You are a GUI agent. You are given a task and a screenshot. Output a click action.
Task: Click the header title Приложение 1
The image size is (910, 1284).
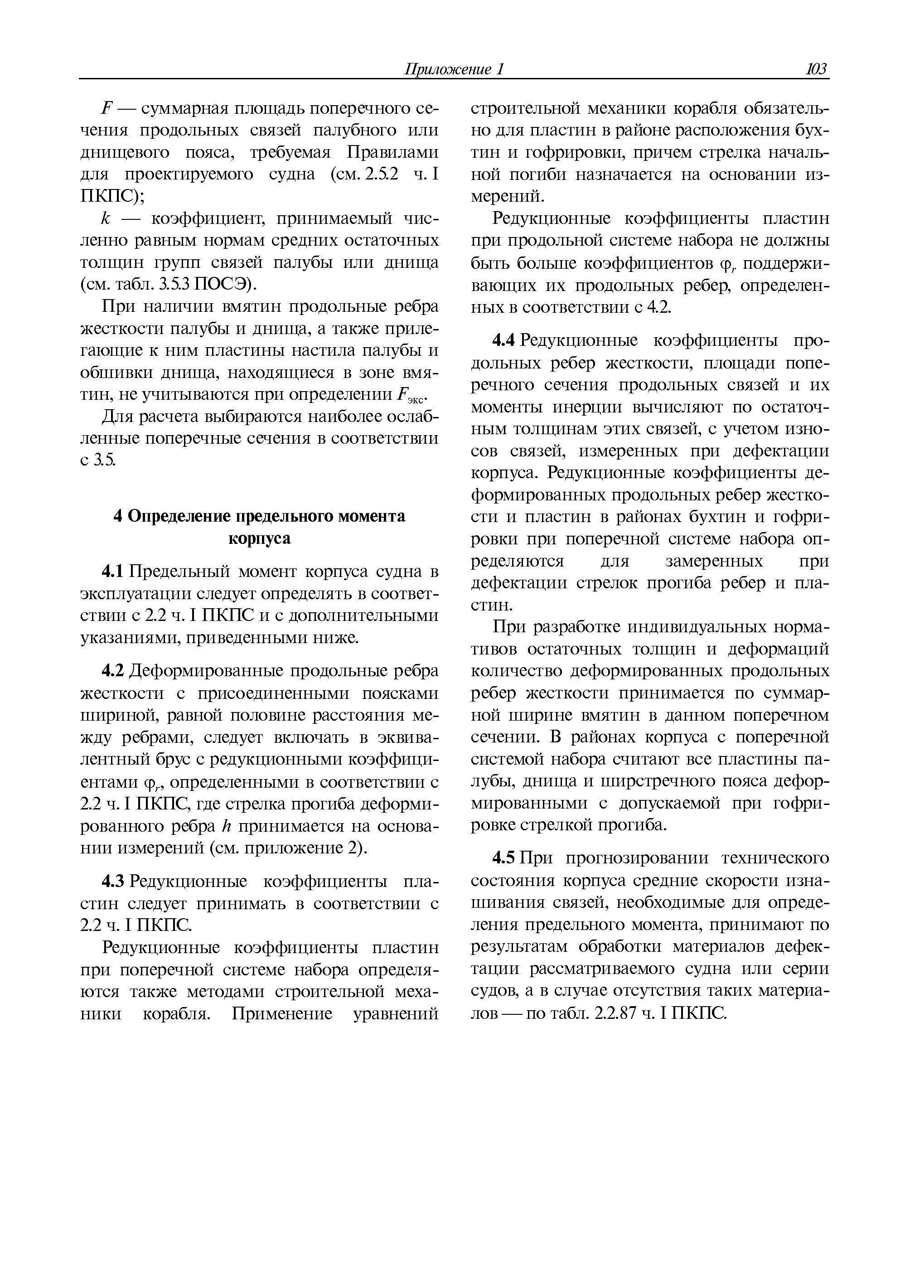(455, 69)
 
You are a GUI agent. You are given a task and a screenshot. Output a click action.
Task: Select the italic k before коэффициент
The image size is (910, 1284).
(105, 218)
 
